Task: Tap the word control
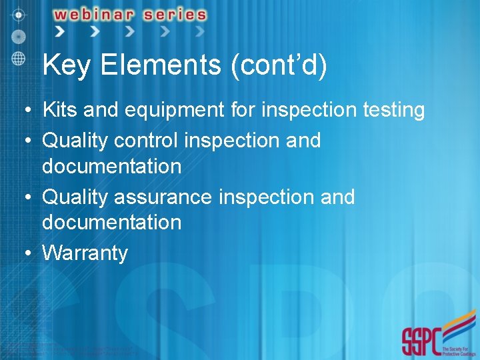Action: (x=147, y=140)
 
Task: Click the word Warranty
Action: (x=85, y=253)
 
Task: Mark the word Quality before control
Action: (x=75, y=141)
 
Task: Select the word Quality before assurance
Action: (x=75, y=197)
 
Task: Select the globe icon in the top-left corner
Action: (x=19, y=57)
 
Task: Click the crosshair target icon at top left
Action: (x=19, y=13)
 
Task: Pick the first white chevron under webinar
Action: (x=60, y=31)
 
